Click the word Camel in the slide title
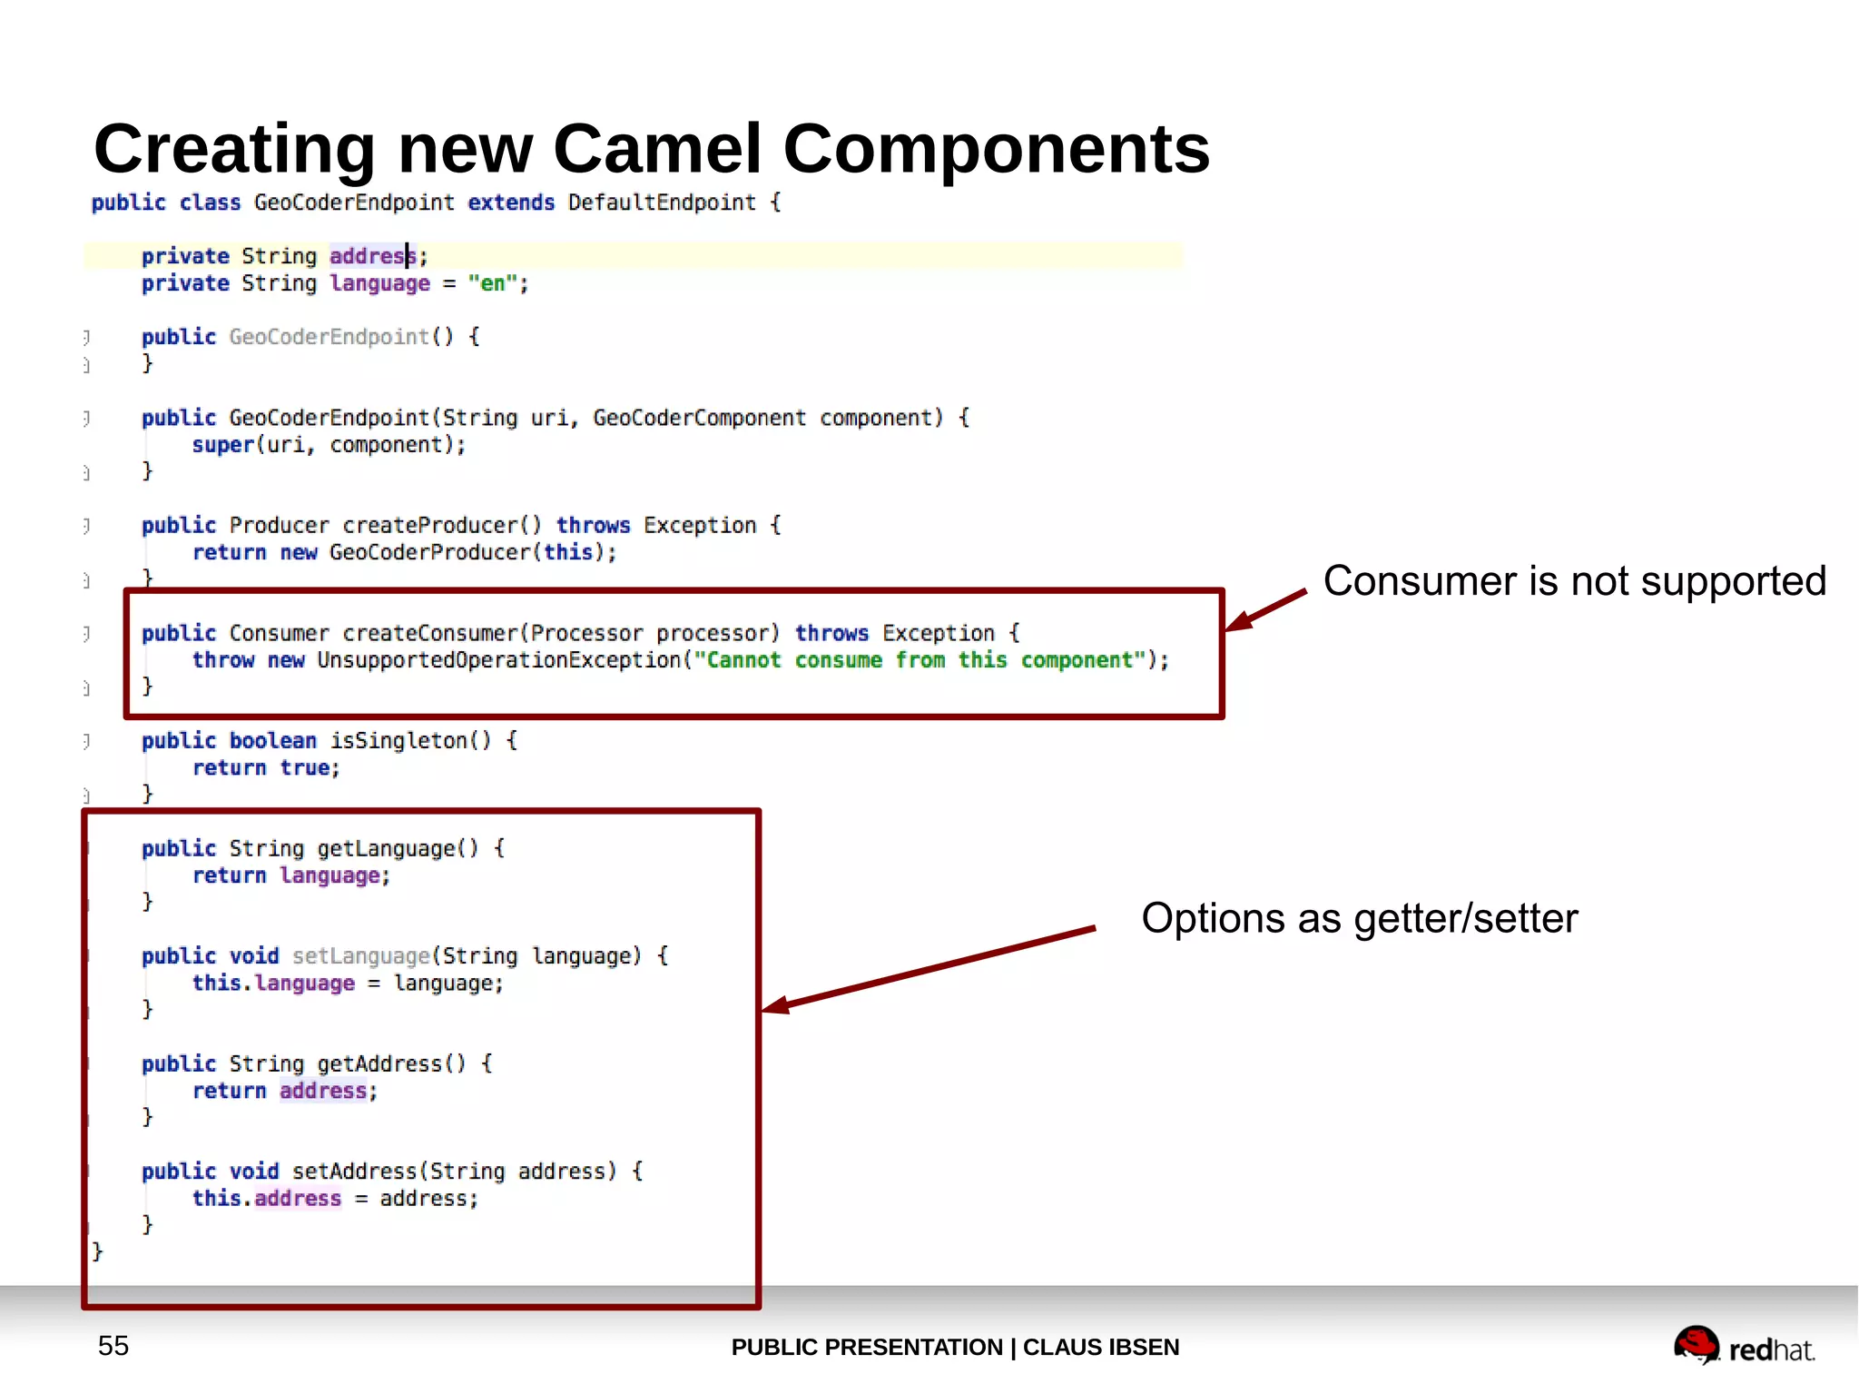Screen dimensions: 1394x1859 [x=656, y=149]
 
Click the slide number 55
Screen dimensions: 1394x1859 [x=113, y=1346]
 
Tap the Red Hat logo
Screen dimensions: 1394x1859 [x=1743, y=1347]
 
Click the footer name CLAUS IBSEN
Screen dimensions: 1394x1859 [x=1100, y=1347]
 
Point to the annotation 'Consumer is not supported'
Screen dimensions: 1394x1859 [x=1574, y=581]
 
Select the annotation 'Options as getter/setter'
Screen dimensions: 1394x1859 [x=1359, y=918]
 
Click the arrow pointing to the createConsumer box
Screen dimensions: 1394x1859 [x=1265, y=609]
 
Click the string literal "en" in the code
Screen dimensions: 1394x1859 [x=493, y=283]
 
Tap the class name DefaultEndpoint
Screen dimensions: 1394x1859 [x=662, y=203]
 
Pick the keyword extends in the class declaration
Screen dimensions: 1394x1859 [x=510, y=203]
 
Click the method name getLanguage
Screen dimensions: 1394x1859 [x=386, y=848]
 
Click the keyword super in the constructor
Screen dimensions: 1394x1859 [x=222, y=445]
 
